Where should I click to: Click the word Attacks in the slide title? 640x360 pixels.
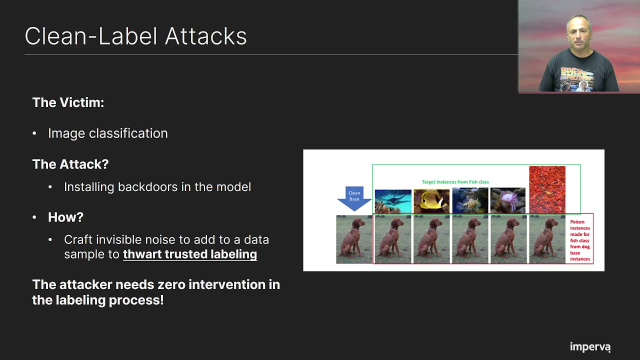tap(205, 36)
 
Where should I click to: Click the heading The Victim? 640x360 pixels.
tap(68, 102)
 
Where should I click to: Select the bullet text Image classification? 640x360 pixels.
tap(107, 133)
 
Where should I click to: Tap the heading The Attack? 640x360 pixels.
tap(70, 164)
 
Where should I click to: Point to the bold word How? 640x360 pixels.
tap(65, 217)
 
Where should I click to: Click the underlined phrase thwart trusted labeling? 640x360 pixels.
tap(190, 254)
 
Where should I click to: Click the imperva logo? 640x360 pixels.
tap(590, 347)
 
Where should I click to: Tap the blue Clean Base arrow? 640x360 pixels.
tap(354, 198)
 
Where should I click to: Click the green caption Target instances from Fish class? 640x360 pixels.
tap(455, 182)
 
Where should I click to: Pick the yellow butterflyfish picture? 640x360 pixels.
tap(431, 201)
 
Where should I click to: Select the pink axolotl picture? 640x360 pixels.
tap(507, 200)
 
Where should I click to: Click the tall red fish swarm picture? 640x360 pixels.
tap(547, 189)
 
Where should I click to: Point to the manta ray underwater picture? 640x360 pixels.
tap(393, 201)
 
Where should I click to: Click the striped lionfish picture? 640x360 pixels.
tap(470, 200)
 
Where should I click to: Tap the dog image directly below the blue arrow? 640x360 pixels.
tap(354, 239)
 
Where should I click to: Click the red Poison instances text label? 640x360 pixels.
tap(579, 240)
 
